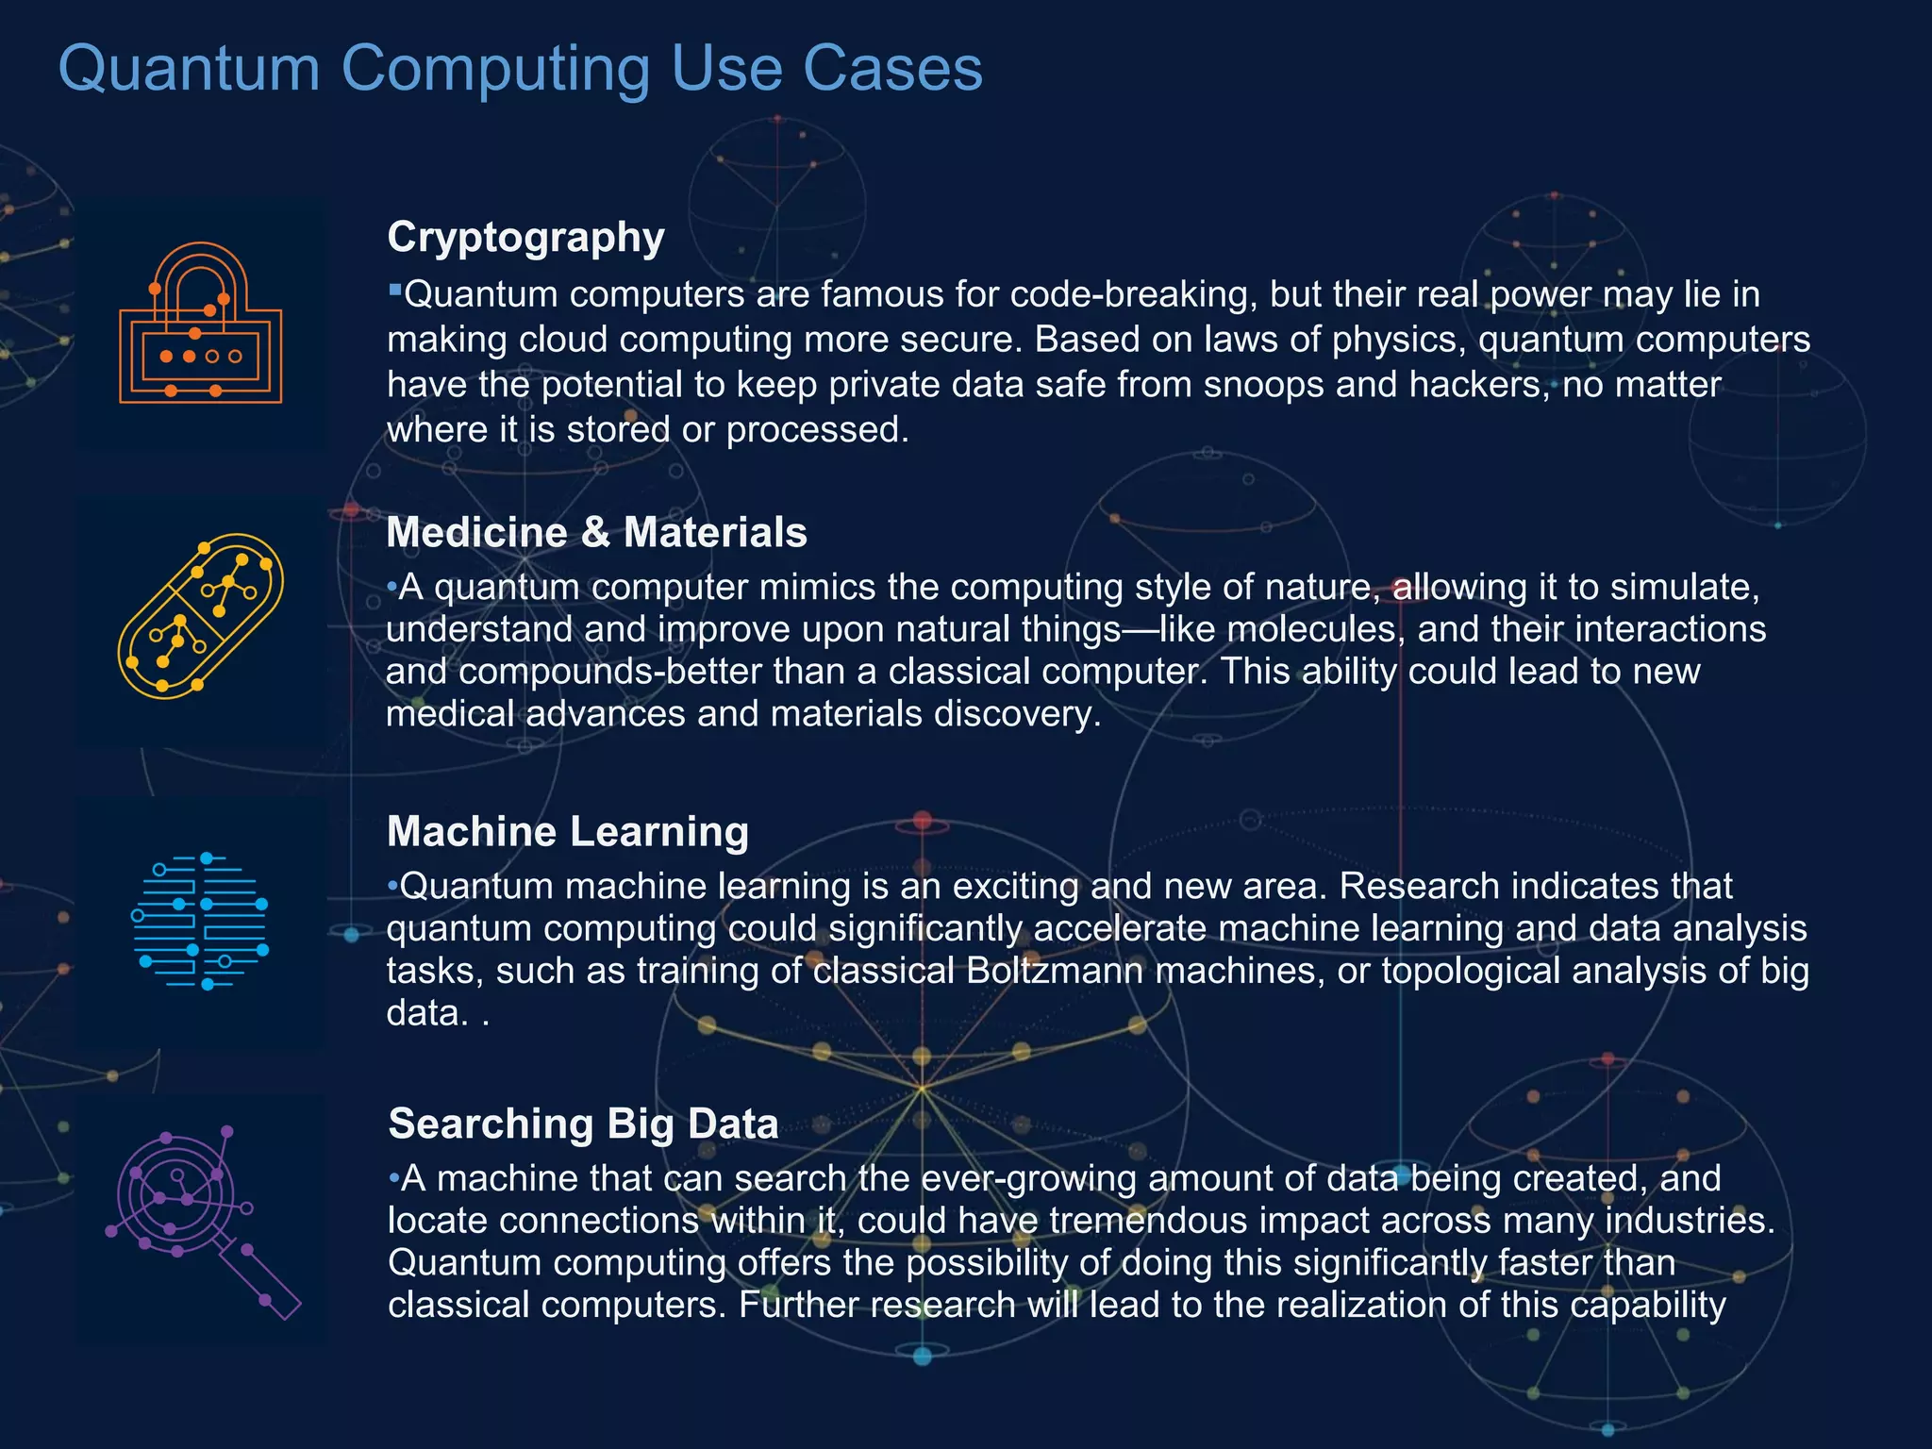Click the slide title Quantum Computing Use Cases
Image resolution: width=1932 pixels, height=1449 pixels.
[520, 69]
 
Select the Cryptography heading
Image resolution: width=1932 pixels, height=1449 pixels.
[525, 237]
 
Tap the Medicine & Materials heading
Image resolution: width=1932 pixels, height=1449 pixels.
[596, 533]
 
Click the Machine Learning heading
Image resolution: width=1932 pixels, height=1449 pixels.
[568, 832]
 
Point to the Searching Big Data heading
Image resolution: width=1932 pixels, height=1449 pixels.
[583, 1124]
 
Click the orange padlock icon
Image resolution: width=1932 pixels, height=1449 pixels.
[201, 324]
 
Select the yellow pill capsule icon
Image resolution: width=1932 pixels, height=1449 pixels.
[201, 616]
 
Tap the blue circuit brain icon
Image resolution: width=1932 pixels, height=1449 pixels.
[201, 922]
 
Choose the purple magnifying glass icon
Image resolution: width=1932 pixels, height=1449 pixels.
[201, 1219]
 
